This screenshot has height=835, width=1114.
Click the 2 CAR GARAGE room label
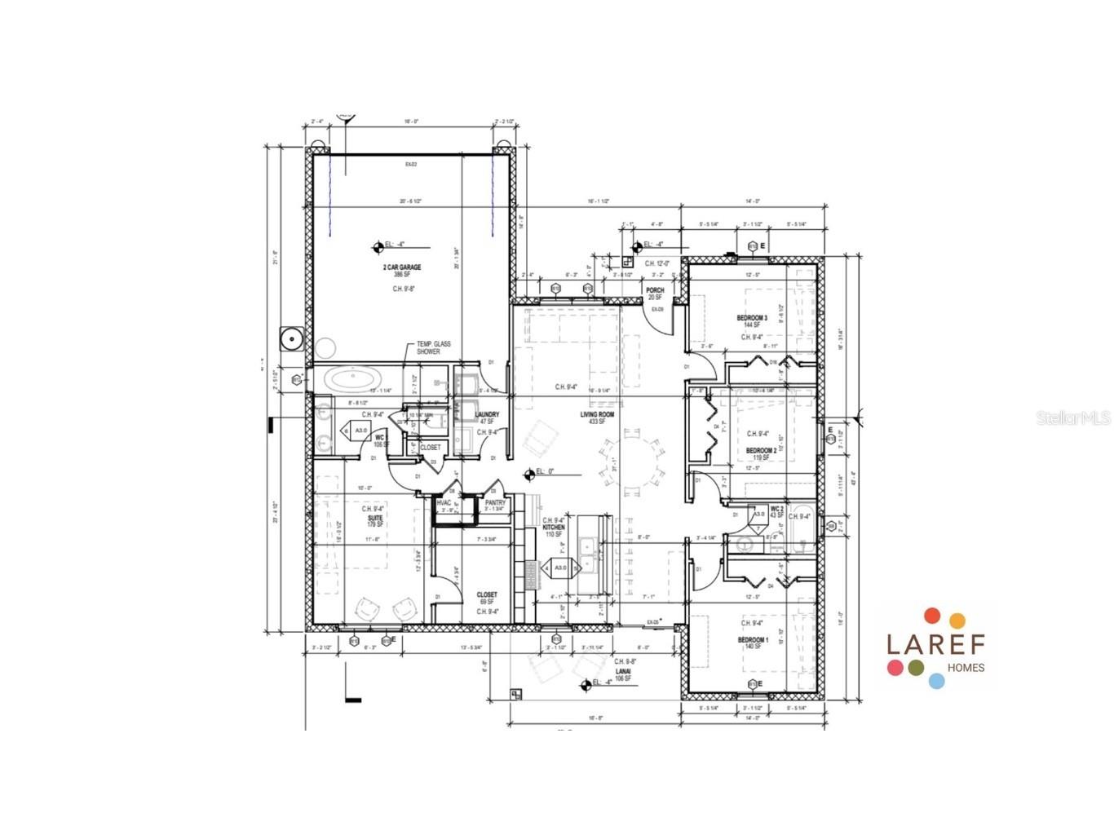pos(401,267)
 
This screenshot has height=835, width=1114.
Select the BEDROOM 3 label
pos(751,318)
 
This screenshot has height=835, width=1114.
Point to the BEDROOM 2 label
pos(761,450)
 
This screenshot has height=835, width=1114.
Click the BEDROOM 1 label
pos(752,640)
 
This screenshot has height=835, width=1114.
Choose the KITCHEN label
pos(554,528)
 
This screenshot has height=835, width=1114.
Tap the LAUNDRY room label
pos(487,415)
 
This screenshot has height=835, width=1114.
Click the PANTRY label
pos(495,503)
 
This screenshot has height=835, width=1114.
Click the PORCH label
pos(655,290)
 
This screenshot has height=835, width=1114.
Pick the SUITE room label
pos(374,518)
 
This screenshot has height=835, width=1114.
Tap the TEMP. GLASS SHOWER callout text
pos(433,347)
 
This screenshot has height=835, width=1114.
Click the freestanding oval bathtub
pos(351,378)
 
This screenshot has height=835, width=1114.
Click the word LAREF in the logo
pos(935,644)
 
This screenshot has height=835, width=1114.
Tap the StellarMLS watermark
pos(1072,417)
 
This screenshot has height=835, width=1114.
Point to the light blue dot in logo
pos(936,681)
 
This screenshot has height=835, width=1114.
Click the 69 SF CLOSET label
pos(487,595)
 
